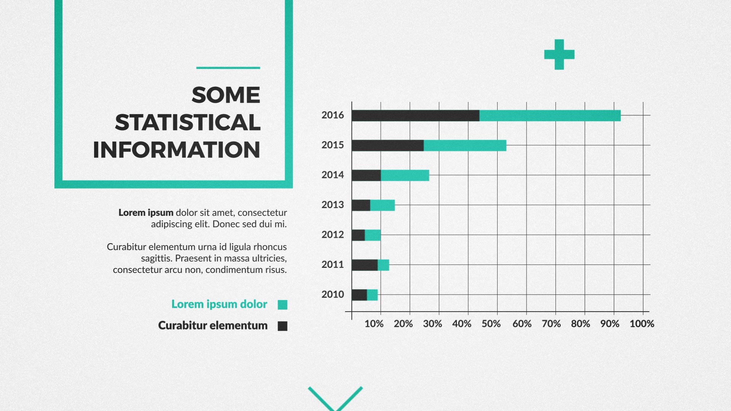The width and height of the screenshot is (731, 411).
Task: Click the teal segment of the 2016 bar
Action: click(550, 116)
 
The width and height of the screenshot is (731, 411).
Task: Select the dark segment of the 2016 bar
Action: click(415, 116)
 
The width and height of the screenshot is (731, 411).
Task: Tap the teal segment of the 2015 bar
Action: click(465, 145)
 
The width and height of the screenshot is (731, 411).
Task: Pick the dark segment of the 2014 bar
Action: click(366, 175)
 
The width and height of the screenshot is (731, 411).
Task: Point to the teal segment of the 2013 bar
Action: click(382, 205)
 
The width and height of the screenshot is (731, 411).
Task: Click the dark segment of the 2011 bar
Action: click(364, 265)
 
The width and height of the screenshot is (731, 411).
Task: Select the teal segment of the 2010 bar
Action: click(372, 295)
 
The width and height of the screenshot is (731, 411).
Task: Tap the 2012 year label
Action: click(332, 235)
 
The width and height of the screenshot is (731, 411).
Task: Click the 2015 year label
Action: click(332, 145)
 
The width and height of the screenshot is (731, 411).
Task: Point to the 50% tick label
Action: click(491, 324)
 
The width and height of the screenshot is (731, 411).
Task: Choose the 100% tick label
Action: click(642, 324)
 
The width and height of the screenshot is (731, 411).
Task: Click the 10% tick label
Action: click(374, 324)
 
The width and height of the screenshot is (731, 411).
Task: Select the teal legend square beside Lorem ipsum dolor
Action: click(283, 304)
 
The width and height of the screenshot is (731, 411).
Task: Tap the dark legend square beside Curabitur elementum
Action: click(283, 326)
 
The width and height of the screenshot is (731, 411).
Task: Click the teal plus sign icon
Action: click(559, 54)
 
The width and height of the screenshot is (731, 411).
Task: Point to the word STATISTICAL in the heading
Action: click(188, 123)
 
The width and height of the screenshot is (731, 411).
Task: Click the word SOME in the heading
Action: click(226, 95)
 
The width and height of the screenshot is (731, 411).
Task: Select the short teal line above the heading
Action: click(228, 68)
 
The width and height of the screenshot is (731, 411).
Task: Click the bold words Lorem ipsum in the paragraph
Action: click(146, 212)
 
